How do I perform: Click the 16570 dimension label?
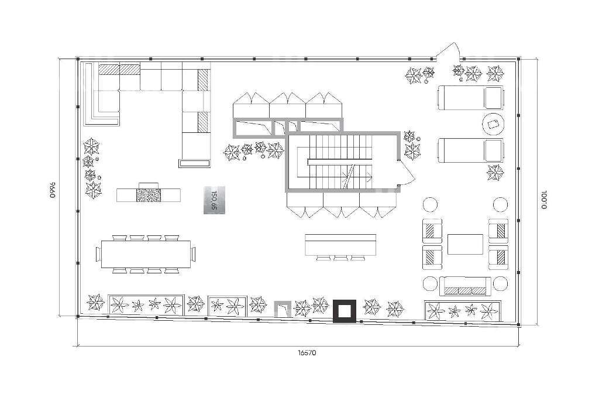point(307,353)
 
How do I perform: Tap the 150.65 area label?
point(214,200)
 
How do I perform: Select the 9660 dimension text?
point(53,189)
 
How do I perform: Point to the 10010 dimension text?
point(544,200)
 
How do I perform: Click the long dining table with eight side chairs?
point(146,254)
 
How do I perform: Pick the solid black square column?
point(345,311)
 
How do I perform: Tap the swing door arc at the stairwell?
point(409,175)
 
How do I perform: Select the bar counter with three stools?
point(341,245)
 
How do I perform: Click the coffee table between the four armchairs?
point(465,244)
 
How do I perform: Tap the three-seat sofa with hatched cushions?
point(465,286)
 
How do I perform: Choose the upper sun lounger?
point(471,98)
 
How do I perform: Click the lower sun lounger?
point(471,150)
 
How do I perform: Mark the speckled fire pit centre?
point(149,195)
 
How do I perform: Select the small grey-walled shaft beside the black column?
point(283,309)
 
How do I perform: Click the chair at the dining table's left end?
point(98,254)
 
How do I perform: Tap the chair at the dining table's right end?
point(193,254)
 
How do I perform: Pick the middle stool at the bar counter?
point(341,258)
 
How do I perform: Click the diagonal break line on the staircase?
point(350,176)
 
